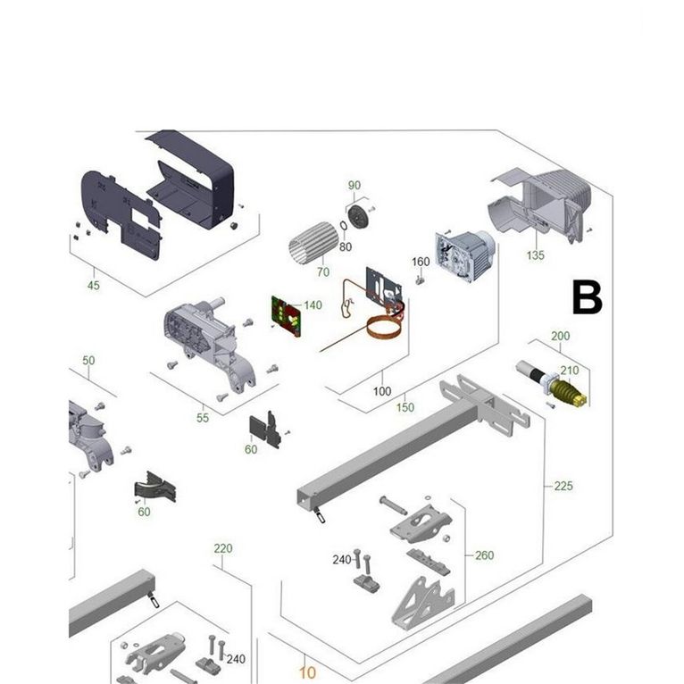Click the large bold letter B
coord(588,298)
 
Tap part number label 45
coord(94,286)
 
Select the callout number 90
coord(355,186)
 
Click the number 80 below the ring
coord(346,247)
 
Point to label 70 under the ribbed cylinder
coord(323,272)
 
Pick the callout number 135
coord(535,255)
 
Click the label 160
coord(421,262)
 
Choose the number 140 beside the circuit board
coord(313,304)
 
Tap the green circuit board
coord(286,316)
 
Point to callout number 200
coord(560,336)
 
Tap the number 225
coord(563,486)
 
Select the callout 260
coord(484,555)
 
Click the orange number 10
coord(307,672)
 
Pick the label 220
coord(223,548)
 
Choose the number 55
coord(203,418)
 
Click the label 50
coord(88,361)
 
